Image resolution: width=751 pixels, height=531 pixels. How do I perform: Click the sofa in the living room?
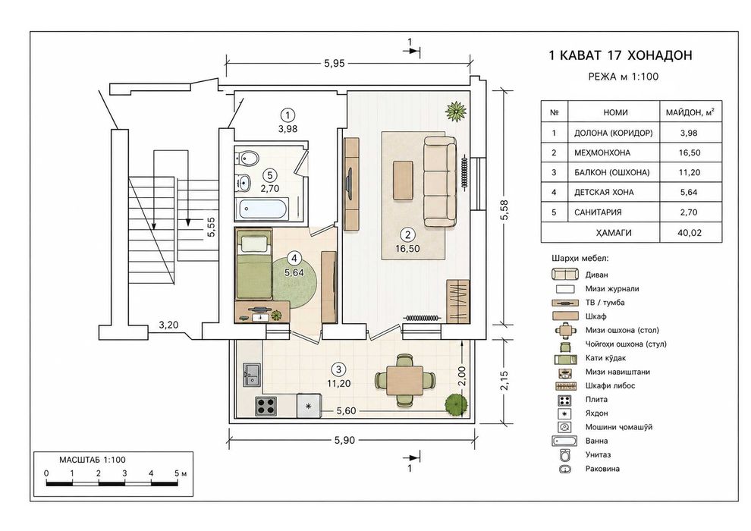click(440, 181)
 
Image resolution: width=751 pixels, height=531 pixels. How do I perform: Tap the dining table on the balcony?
click(405, 380)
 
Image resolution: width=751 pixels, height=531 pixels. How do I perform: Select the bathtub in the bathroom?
click(262, 209)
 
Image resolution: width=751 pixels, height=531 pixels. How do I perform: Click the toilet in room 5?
click(247, 156)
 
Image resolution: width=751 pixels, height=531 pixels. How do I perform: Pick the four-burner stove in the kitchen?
click(266, 407)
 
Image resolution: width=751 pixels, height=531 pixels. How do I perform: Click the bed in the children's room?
click(254, 264)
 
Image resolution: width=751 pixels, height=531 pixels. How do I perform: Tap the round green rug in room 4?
click(294, 281)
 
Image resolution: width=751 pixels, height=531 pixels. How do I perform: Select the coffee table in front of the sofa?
click(403, 180)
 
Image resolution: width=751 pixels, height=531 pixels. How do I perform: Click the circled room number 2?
click(407, 234)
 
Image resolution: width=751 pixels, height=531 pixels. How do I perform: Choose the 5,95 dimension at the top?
click(335, 63)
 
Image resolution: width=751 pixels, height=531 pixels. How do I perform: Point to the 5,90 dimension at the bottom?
click(345, 440)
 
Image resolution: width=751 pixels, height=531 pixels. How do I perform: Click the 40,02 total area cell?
click(690, 233)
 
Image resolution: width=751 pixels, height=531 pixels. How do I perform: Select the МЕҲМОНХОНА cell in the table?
click(602, 152)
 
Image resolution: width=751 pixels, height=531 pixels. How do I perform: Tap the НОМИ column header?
click(615, 112)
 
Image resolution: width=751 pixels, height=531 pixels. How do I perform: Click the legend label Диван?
click(596, 275)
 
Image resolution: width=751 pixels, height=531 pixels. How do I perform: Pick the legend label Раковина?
click(602, 469)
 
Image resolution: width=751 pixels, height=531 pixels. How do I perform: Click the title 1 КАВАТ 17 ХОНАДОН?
click(621, 55)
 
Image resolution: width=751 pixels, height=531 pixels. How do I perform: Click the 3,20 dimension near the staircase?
click(168, 325)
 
